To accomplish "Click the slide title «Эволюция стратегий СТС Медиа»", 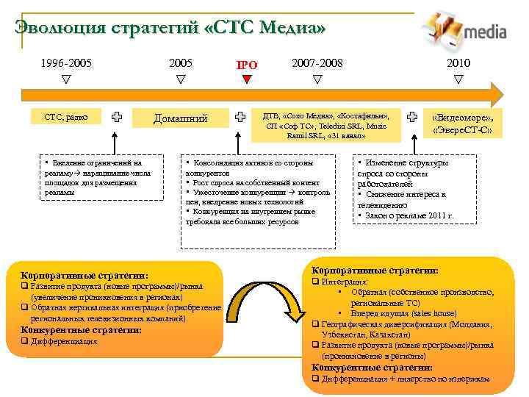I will [170, 28].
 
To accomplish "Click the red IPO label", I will [247, 65].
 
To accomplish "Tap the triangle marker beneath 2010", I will [459, 78].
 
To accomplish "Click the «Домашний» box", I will [180, 118].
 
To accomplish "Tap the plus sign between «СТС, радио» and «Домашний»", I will [117, 116].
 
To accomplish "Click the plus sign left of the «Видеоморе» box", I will [414, 116].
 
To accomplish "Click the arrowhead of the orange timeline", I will [496, 94].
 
